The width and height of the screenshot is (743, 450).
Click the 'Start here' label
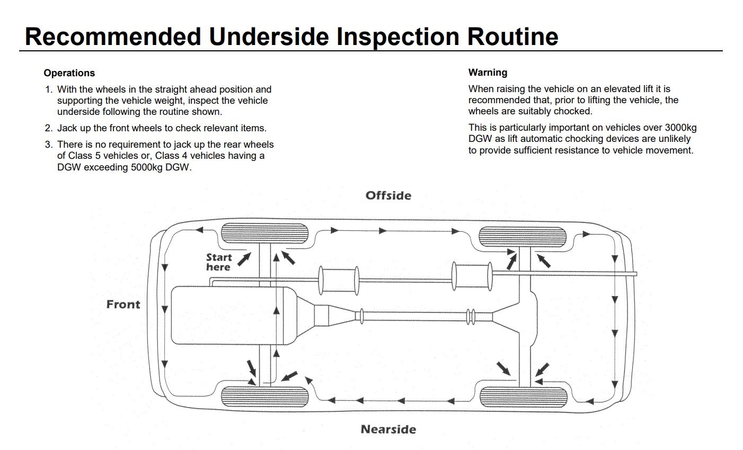point(219,262)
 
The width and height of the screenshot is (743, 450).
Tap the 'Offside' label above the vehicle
point(388,196)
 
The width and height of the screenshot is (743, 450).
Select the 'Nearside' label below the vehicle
point(388,429)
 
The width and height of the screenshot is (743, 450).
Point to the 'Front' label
point(123,304)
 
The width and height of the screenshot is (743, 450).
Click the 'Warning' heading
point(488,73)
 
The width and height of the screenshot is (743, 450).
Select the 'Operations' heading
point(69,73)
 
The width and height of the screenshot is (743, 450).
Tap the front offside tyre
point(263,233)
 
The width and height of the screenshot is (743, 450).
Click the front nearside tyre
point(263,397)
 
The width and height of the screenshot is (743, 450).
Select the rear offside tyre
point(523,236)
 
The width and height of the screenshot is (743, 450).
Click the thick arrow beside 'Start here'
point(244,259)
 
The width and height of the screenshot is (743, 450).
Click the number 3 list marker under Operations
point(48,145)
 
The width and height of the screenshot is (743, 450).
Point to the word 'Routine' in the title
point(512,37)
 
